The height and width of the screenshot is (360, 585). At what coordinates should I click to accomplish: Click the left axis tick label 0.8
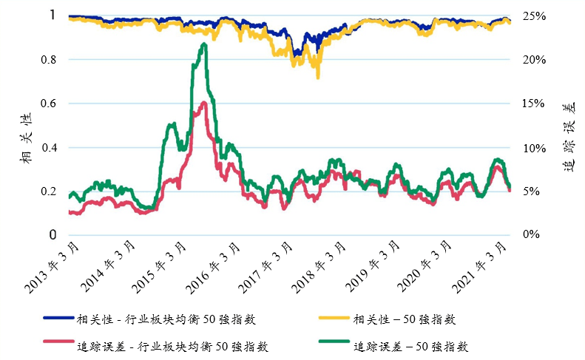[x=53, y=59]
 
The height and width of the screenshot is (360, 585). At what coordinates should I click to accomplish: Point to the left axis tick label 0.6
[x=53, y=103]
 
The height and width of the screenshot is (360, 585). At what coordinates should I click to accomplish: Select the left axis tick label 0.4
[x=53, y=147]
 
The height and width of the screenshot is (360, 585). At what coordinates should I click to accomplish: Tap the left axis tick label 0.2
[x=53, y=191]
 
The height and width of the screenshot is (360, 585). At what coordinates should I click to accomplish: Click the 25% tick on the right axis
[x=530, y=16]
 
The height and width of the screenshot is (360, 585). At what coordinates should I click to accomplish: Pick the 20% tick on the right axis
[x=530, y=59]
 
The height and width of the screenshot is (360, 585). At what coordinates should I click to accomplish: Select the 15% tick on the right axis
[x=530, y=103]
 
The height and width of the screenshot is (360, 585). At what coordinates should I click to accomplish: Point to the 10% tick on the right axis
[x=530, y=147]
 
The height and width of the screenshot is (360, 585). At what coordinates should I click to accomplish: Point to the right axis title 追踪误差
[x=569, y=137]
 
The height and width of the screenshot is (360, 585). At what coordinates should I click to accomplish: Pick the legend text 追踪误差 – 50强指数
[x=410, y=346]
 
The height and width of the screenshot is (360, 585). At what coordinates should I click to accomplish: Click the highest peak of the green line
[x=203, y=44]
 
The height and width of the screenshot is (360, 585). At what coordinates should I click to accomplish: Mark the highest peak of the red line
[x=203, y=103]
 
